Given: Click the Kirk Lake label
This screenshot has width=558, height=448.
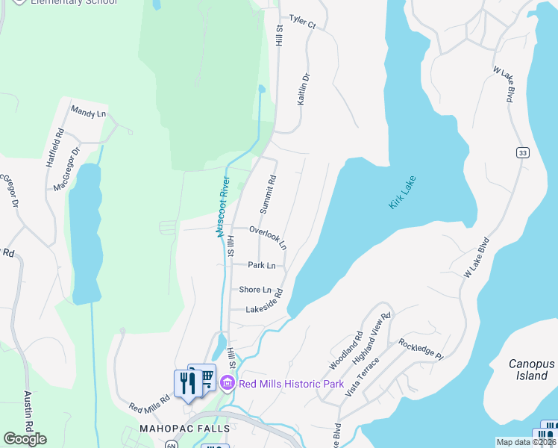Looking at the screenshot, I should coord(403,193).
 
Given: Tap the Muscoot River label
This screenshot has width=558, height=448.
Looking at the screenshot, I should coord(222,206).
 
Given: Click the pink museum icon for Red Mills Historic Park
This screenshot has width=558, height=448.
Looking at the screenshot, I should coord(228,385).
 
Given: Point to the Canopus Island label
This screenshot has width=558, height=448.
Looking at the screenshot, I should coord(532,370).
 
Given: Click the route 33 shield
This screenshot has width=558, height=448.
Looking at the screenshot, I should coord(522,152).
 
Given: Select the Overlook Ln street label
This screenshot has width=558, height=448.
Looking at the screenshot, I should coord(268,237).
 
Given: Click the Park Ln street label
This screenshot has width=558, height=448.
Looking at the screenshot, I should coord(262,265).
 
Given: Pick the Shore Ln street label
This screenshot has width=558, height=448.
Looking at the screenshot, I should coord(255,289).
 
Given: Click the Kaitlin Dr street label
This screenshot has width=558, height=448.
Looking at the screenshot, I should coord(304,88).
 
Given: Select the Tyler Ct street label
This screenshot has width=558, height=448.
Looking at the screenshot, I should coord(302,22).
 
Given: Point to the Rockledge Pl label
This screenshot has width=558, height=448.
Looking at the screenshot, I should coord(421,349).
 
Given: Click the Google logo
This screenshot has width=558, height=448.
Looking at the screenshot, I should coord(25,439).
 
